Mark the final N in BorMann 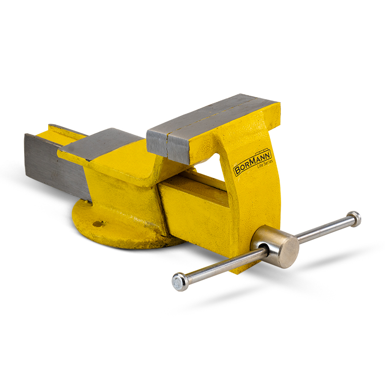click(269, 154)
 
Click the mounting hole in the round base click(98, 223)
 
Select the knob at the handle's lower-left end click(179, 282)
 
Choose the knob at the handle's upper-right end click(354, 218)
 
